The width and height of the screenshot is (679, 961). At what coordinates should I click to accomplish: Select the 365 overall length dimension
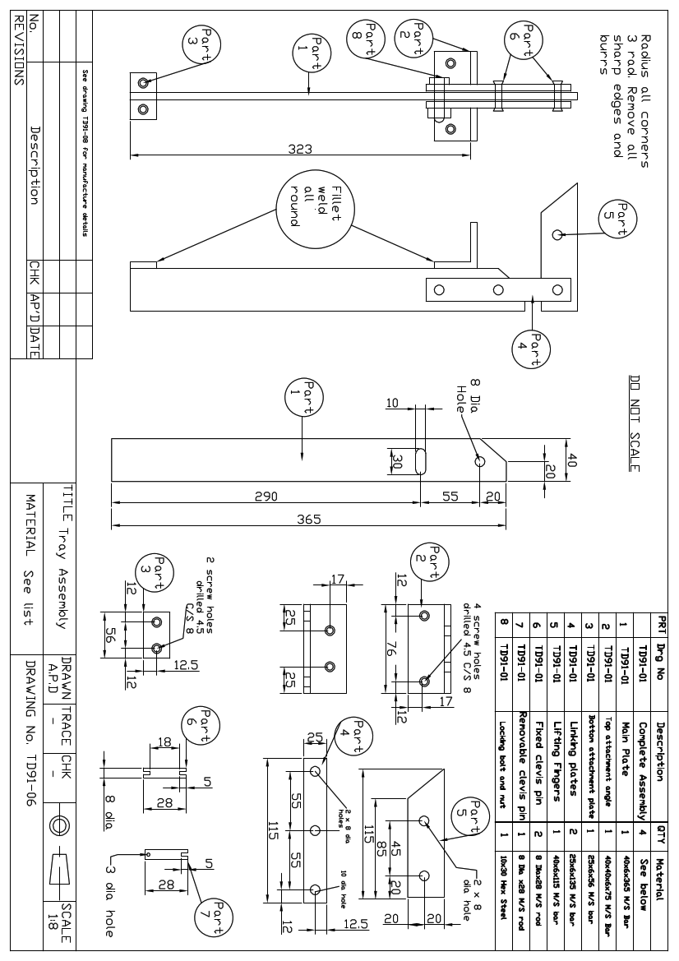pos(310,519)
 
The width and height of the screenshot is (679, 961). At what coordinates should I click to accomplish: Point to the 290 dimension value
pos(265,496)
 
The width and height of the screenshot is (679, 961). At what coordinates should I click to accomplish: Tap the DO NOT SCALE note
pos(634,424)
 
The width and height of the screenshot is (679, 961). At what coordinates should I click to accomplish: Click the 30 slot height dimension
pos(397,461)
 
